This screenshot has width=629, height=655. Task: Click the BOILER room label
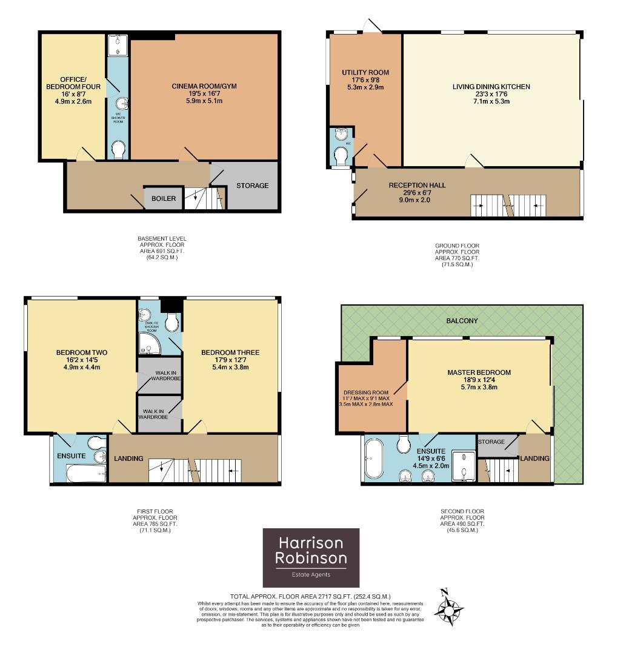[x=164, y=198]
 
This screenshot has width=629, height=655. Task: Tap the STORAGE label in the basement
[x=252, y=186]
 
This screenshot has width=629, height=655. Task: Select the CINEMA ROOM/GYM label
[x=204, y=86]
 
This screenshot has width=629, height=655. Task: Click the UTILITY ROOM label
[x=365, y=73]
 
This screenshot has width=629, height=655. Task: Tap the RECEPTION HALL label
[x=417, y=185]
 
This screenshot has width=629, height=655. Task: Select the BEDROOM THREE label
[x=230, y=353]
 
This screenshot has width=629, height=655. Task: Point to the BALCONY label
[x=462, y=320]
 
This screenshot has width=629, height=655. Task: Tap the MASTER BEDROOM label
[x=479, y=372]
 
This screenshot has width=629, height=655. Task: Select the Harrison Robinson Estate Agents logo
[x=311, y=557]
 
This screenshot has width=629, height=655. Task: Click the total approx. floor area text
[x=310, y=597]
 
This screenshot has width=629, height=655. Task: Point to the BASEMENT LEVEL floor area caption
[x=162, y=248]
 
